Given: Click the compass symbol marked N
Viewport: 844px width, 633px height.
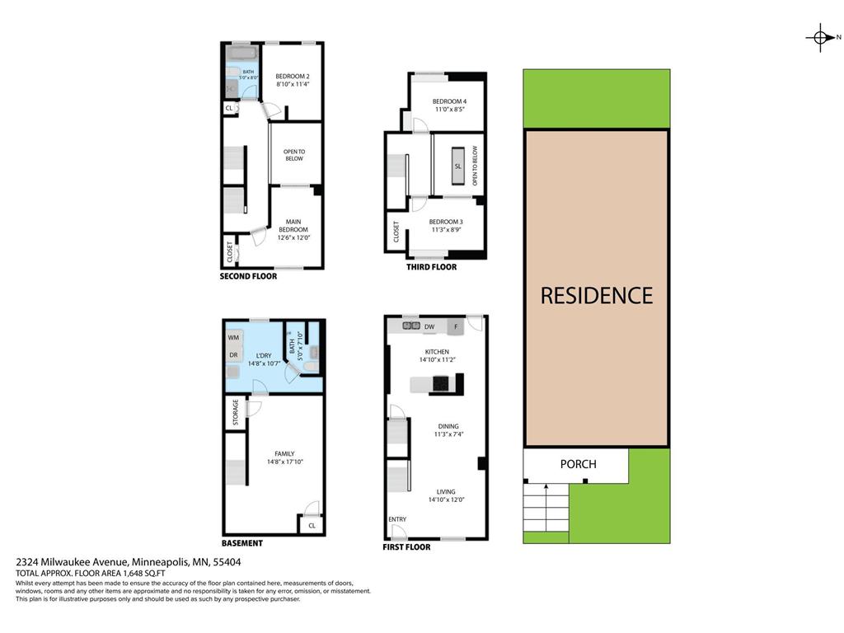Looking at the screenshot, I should point(820,37).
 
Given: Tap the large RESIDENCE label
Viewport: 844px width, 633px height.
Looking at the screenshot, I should point(596,295).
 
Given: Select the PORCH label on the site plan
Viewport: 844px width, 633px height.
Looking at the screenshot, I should point(578,464).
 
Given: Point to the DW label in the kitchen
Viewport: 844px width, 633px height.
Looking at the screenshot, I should point(429,327).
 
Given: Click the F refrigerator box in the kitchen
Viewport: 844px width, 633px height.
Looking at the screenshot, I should point(455,327).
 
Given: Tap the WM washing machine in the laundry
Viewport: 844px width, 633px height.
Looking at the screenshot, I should point(233,338).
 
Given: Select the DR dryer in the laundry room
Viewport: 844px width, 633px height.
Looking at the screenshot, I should point(233,355).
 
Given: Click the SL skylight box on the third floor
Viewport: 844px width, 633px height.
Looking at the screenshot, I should point(457,166).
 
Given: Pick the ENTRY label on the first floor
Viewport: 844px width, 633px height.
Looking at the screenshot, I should point(397,518).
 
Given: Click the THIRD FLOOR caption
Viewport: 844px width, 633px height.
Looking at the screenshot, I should point(431,267).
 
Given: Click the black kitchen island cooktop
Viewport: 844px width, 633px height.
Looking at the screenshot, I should point(441,382).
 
